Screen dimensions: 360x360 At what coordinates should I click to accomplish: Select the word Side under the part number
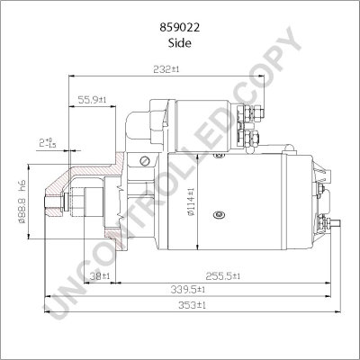(x=181, y=30)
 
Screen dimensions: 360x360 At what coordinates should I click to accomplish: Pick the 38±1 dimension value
(x=100, y=275)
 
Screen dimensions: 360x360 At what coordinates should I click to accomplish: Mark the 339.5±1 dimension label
(x=189, y=290)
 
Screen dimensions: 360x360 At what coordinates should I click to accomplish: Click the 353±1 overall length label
(x=191, y=305)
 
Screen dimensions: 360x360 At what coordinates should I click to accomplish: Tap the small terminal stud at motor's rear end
(x=335, y=221)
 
